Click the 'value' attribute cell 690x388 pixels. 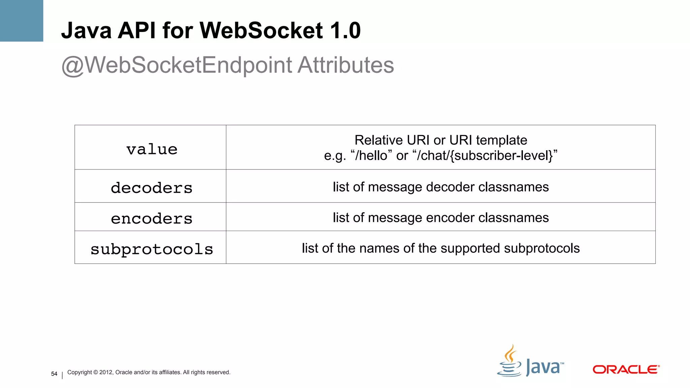(x=152, y=149)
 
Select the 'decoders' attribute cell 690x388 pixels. (x=152, y=188)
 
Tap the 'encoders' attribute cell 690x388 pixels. (x=152, y=218)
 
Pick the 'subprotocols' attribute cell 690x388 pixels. (x=152, y=249)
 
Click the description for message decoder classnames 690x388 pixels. (x=441, y=187)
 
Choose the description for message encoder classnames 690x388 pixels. (x=441, y=218)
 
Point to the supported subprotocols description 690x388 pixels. (x=441, y=248)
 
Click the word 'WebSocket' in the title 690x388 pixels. (x=261, y=30)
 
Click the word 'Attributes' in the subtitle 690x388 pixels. (x=346, y=65)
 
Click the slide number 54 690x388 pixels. (x=54, y=374)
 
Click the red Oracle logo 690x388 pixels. (x=626, y=369)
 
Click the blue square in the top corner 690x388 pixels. (x=22, y=21)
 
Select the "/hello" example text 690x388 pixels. (x=371, y=156)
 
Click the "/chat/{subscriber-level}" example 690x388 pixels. (x=485, y=156)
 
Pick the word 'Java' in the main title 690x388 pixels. (x=86, y=30)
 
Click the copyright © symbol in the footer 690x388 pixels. (x=96, y=372)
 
